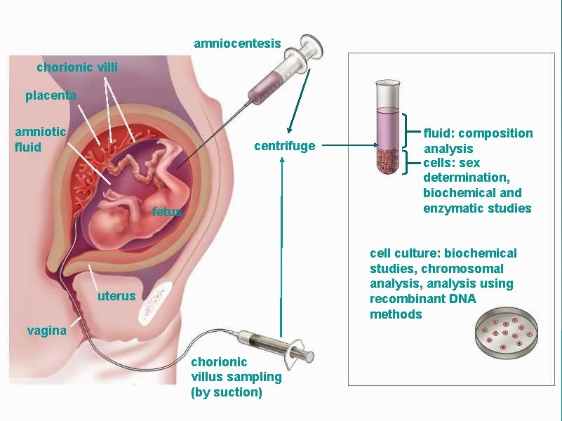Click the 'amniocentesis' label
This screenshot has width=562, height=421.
237,44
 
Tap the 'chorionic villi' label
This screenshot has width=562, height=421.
77,67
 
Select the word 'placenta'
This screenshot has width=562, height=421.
51,95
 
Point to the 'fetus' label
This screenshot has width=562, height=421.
167,211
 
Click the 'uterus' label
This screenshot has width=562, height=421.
116,296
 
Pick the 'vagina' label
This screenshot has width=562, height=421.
47,330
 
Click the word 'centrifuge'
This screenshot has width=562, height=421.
285,146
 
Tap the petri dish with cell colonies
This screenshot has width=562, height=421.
507,333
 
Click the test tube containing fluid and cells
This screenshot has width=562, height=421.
387,126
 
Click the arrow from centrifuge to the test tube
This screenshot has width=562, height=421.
350,145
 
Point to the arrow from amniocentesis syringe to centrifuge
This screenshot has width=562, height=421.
299,101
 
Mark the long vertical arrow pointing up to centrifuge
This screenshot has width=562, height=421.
282,247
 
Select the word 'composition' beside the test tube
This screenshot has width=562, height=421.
495,133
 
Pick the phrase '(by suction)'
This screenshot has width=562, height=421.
227,392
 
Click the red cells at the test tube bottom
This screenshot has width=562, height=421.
387,161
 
